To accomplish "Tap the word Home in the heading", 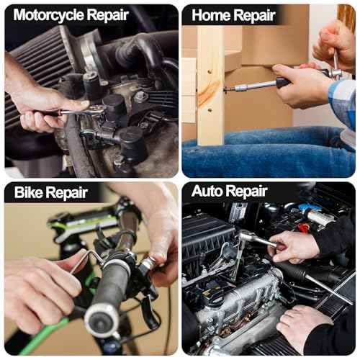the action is [x=211, y=15].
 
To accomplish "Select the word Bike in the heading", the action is [x=28, y=192].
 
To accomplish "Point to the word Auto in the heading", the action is [x=207, y=191].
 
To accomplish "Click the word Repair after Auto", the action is [x=246, y=192].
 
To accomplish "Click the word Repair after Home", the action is [x=254, y=17].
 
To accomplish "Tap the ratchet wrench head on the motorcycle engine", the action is [x=96, y=110].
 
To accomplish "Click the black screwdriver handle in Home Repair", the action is [x=283, y=82].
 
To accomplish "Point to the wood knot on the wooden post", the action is [x=208, y=92].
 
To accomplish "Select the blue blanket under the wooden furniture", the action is [x=266, y=153].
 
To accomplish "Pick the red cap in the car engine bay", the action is [x=303, y=228].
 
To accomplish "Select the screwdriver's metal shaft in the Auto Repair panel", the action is [x=329, y=290].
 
